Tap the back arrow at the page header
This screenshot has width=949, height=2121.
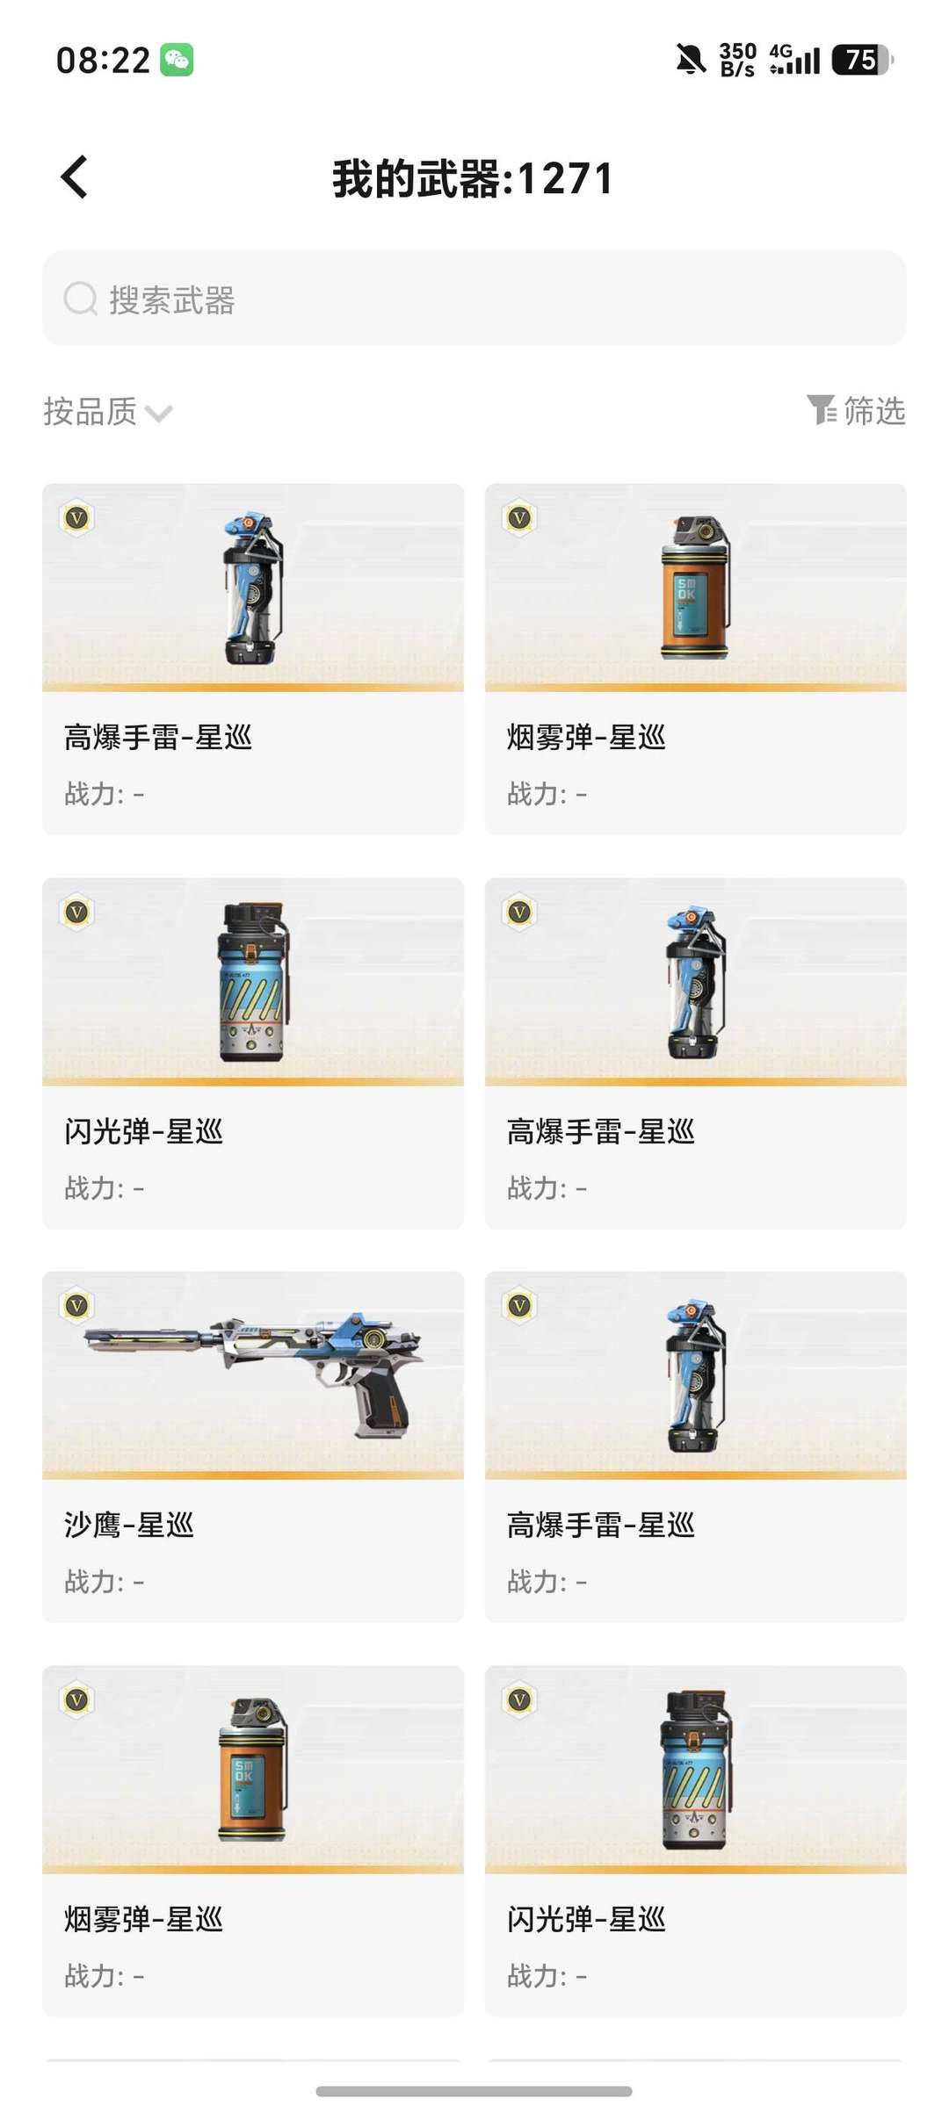click(x=75, y=177)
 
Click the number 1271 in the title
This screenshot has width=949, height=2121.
click(x=565, y=179)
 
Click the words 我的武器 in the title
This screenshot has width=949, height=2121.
click(x=416, y=179)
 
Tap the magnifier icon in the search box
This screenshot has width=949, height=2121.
click(x=80, y=299)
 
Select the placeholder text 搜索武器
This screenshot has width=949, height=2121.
click(x=172, y=299)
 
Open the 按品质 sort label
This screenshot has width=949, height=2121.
click(x=90, y=411)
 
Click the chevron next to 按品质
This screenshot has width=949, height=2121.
click(x=158, y=413)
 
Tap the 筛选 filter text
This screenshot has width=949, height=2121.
click(x=874, y=410)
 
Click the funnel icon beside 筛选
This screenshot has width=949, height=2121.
click(x=822, y=409)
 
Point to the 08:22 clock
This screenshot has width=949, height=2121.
click(x=103, y=61)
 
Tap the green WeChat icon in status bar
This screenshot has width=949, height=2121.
click(x=177, y=60)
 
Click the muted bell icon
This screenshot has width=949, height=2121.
click(x=691, y=60)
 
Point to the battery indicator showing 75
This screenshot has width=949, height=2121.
click(x=863, y=60)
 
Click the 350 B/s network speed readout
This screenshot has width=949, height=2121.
click(x=737, y=60)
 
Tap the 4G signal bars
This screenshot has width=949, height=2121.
click(x=794, y=60)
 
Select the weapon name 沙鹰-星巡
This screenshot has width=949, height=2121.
click(x=128, y=1525)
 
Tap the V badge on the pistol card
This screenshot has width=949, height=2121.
click(x=77, y=1306)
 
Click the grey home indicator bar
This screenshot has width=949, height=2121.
click(x=474, y=2091)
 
